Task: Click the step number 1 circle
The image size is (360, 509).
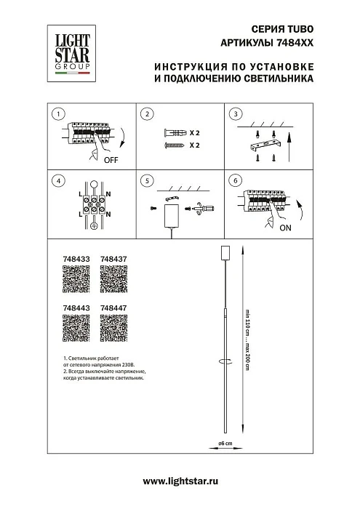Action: click(x=59, y=115)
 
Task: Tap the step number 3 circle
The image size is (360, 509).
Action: click(x=234, y=115)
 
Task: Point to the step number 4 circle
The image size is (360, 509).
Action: click(x=59, y=180)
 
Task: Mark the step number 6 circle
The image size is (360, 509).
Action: click(x=234, y=180)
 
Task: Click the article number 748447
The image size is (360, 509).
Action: click(x=113, y=308)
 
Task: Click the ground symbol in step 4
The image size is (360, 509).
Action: click(x=94, y=226)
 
